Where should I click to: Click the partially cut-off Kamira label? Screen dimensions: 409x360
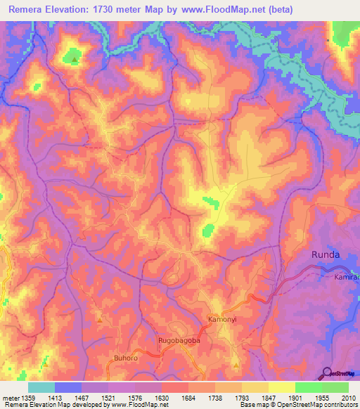click(346, 278)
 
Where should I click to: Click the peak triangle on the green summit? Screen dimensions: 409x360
click(74, 60)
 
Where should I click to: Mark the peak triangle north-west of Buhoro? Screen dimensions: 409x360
click(100, 321)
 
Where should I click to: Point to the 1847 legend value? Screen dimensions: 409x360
click(268, 397)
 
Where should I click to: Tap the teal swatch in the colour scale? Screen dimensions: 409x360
click(41, 387)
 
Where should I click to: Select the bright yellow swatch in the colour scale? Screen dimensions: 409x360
click(281, 387)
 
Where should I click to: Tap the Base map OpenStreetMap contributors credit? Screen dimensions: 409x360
click(298, 405)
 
